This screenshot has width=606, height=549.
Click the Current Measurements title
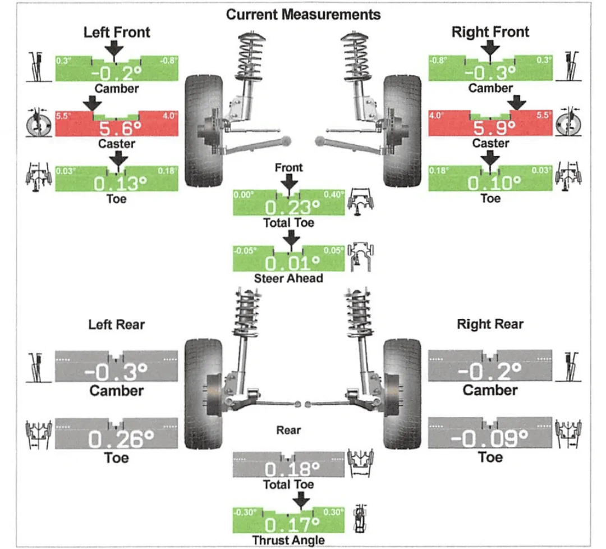(303, 15)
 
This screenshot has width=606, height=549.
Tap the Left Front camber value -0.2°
(116, 72)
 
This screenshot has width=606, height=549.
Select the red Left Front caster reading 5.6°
(120, 128)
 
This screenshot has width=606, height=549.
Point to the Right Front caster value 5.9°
(494, 127)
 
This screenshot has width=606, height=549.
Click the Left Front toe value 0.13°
(120, 183)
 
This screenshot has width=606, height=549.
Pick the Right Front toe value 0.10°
(494, 183)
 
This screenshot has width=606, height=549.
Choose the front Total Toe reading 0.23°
(292, 208)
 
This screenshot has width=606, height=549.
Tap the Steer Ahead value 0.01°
(292, 263)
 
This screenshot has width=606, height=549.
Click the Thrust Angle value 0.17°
(292, 525)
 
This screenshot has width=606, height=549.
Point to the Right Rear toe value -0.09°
(489, 438)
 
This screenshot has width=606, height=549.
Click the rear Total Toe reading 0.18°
(292, 469)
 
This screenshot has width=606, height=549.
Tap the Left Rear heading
(116, 324)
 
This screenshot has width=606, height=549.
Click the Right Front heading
(490, 31)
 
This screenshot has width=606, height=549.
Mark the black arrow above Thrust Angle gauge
(301, 501)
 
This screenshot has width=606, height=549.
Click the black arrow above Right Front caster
(516, 103)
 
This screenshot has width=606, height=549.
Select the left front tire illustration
(204, 131)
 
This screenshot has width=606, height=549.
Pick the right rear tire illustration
(402, 395)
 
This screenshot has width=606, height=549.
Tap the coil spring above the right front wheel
(356, 55)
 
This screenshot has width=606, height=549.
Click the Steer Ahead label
(288, 278)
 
